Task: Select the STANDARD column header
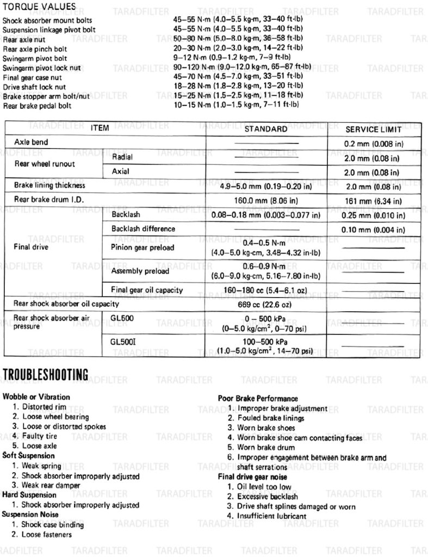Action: (266, 129)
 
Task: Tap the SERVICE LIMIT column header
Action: (373, 129)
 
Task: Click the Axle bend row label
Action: (31, 142)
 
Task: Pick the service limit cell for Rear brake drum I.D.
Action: (373, 200)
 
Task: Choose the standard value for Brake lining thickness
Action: (266, 185)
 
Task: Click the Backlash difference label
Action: (143, 229)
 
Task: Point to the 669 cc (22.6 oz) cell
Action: (266, 304)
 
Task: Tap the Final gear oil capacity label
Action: (147, 289)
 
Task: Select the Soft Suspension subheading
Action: (28, 456)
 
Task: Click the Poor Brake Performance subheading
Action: (258, 398)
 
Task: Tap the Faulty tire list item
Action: (39, 436)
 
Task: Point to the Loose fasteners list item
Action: (46, 535)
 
